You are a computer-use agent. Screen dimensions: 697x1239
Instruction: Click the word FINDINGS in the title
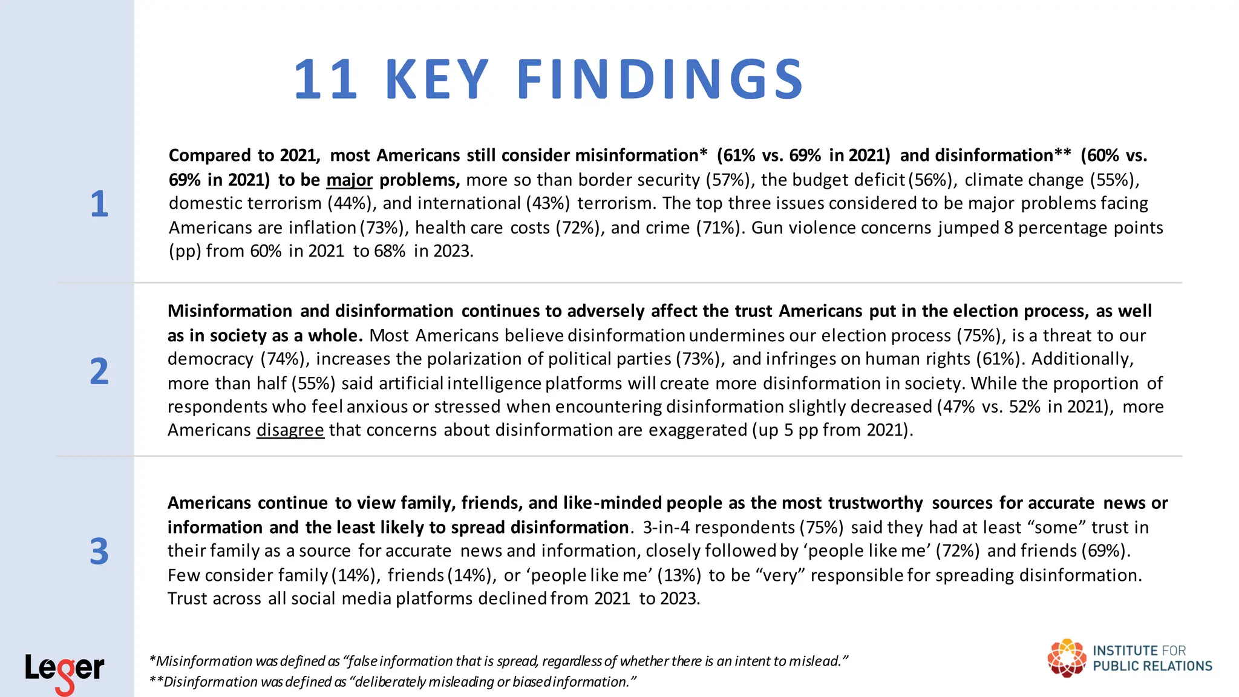point(660,79)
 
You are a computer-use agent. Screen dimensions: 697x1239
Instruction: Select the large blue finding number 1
point(99,204)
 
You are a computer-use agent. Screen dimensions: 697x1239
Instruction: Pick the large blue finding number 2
point(99,371)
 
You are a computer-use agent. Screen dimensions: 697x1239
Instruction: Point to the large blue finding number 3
point(99,551)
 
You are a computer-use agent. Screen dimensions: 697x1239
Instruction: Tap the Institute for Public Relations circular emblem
point(1067,658)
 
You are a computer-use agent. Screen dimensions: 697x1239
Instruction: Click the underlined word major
point(349,180)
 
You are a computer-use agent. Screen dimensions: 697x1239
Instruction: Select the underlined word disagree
point(290,430)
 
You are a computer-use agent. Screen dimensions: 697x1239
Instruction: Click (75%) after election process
point(981,336)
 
